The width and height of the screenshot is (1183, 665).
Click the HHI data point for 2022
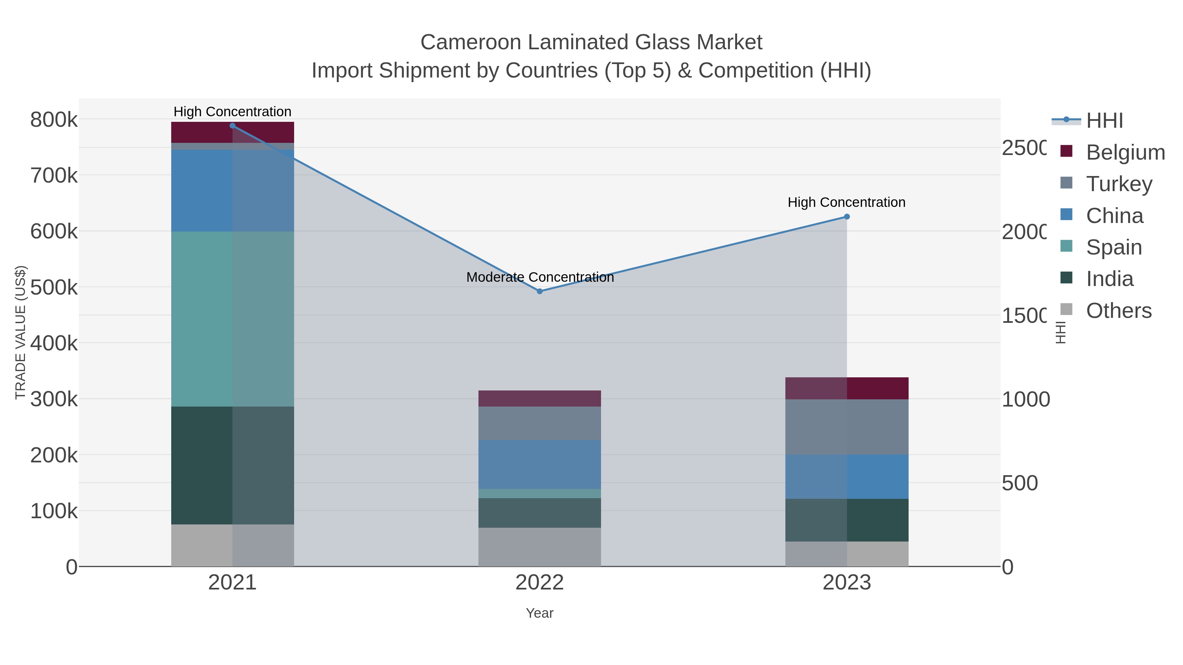[x=540, y=291]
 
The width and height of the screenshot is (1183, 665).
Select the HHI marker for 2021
[x=232, y=126]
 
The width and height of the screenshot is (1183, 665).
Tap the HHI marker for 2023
[x=847, y=217]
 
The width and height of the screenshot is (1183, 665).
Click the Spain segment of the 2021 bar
[x=232, y=319]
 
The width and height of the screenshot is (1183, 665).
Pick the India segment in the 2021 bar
[x=232, y=465]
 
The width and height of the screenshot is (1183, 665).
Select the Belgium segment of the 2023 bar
[x=847, y=388]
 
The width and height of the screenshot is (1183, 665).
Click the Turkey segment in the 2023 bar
[x=847, y=427]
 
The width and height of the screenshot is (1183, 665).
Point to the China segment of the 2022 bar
[x=540, y=464]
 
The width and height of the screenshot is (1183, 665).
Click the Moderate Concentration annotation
[x=540, y=277]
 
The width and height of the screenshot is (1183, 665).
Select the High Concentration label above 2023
[x=847, y=202]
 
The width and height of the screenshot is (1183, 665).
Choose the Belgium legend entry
[x=1125, y=152]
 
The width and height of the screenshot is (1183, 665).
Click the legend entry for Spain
[x=1114, y=247]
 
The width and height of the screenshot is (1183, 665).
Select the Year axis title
[x=540, y=613]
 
